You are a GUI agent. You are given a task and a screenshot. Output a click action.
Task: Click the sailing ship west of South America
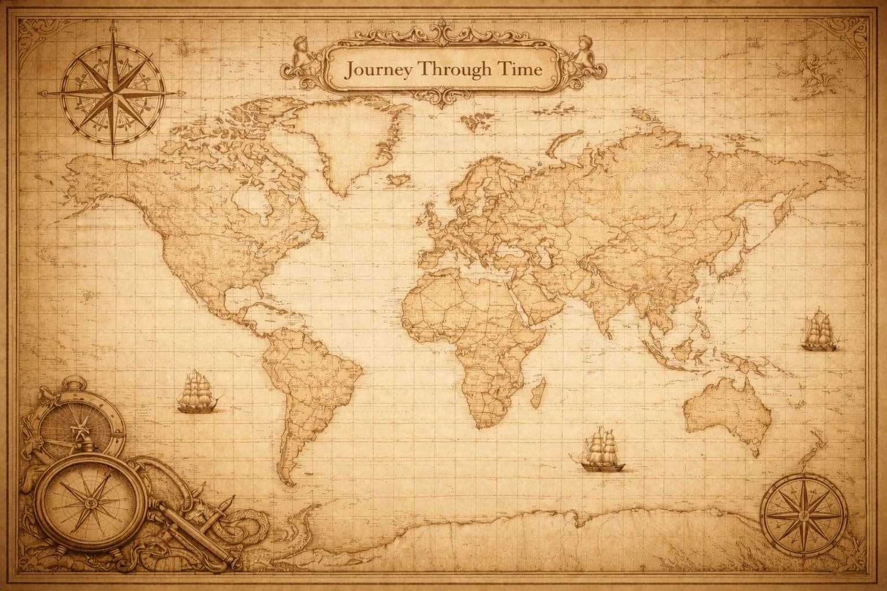point(198,392)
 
